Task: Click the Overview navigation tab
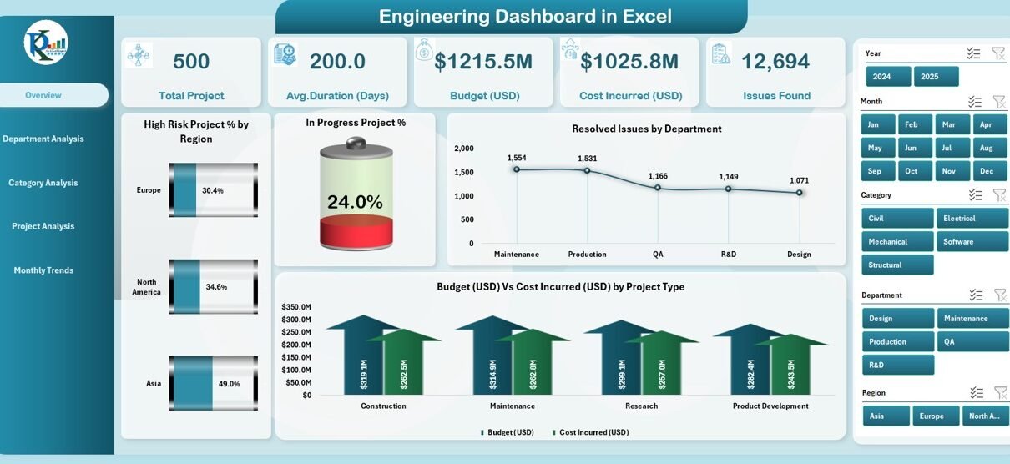43,95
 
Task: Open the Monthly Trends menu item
43,270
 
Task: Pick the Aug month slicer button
986,148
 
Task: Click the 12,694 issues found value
775,61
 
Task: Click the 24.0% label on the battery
355,202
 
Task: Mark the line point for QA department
658,188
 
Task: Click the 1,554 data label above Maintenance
517,158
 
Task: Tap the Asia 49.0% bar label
229,384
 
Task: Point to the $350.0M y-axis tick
296,307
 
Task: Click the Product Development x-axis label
770,406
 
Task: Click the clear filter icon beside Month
998,102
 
